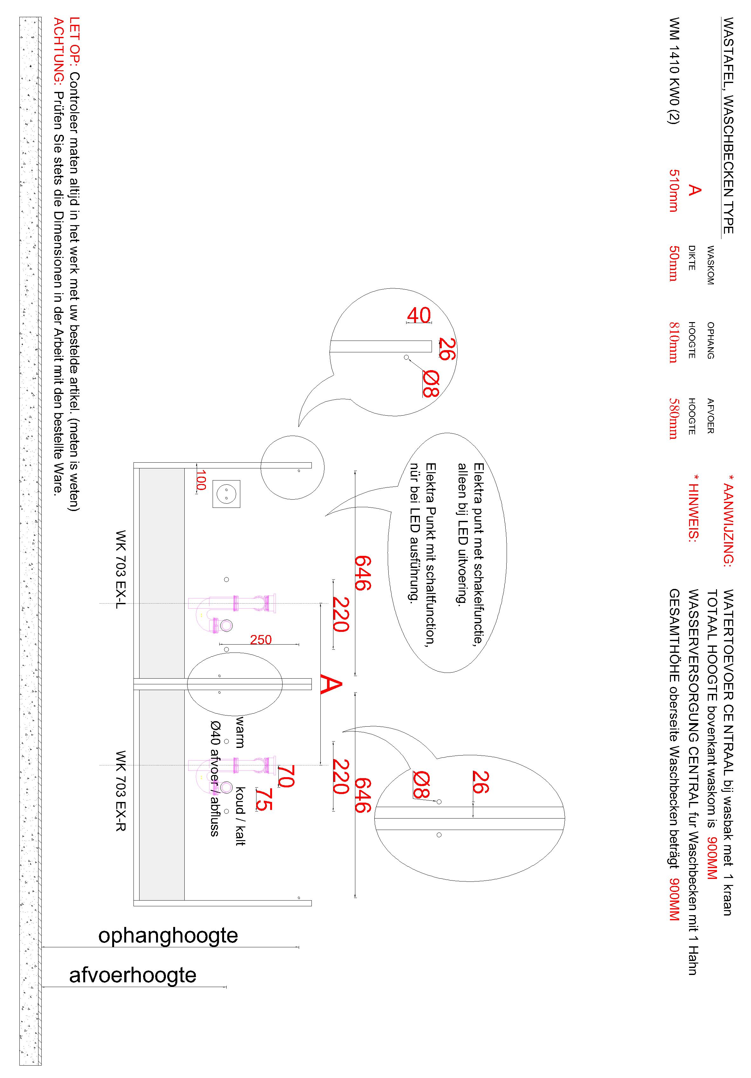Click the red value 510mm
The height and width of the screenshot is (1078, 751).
pyautogui.click(x=673, y=190)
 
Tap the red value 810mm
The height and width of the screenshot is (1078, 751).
pyautogui.click(x=673, y=342)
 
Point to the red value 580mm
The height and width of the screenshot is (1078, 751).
pyautogui.click(x=673, y=418)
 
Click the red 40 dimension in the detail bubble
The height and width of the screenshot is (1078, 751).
pyautogui.click(x=419, y=315)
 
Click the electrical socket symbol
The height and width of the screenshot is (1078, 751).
pyautogui.click(x=226, y=494)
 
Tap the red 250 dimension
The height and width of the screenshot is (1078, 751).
pyautogui.click(x=261, y=639)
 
